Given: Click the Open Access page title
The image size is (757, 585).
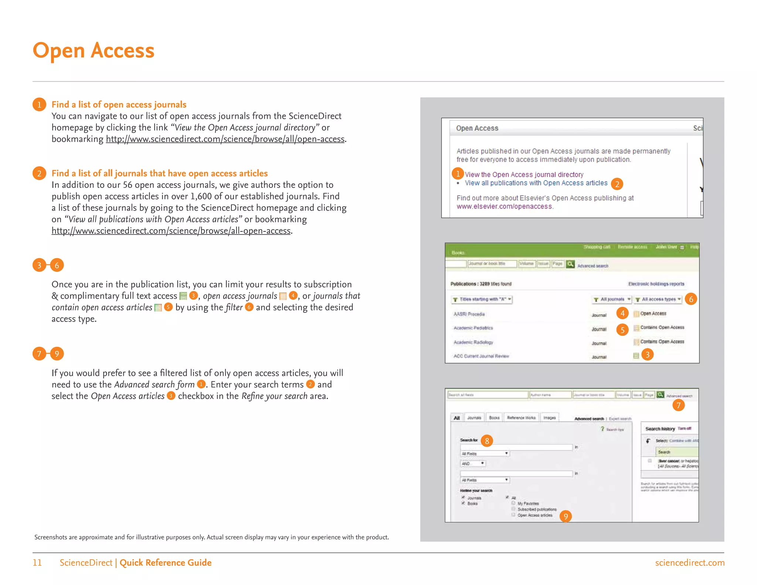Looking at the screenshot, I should click(x=93, y=50).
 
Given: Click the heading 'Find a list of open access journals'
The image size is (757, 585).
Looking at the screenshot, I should click(x=119, y=105).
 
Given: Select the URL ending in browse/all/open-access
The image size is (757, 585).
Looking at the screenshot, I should click(x=225, y=139).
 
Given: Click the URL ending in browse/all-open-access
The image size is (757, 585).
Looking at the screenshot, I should click(x=171, y=231).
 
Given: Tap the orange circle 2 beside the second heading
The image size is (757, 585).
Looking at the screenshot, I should click(x=39, y=173).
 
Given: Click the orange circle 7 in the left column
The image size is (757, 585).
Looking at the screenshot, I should click(x=39, y=354).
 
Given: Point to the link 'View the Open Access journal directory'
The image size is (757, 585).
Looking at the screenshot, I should click(x=524, y=175).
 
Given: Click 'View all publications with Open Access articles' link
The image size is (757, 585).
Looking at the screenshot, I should click(x=536, y=183).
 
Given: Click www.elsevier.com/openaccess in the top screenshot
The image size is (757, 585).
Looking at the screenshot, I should click(x=504, y=207).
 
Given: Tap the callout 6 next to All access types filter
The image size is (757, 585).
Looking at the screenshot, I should click(x=690, y=299).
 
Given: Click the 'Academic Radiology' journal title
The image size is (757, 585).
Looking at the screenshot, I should click(x=473, y=342).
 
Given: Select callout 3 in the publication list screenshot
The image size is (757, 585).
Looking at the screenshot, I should click(x=647, y=355).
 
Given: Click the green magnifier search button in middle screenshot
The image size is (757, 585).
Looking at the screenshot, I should click(x=570, y=264).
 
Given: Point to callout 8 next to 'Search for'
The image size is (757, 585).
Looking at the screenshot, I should click(x=487, y=441).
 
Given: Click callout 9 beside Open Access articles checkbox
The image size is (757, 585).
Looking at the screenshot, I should click(x=566, y=516).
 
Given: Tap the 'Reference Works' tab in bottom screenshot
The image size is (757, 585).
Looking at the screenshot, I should click(x=521, y=418).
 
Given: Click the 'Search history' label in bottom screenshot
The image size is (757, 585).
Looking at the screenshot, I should click(x=660, y=429).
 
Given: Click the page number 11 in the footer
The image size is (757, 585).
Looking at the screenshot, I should click(x=37, y=563).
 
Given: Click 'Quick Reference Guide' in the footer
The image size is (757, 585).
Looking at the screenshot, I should click(x=165, y=563).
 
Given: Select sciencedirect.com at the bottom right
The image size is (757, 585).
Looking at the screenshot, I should click(x=689, y=563).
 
